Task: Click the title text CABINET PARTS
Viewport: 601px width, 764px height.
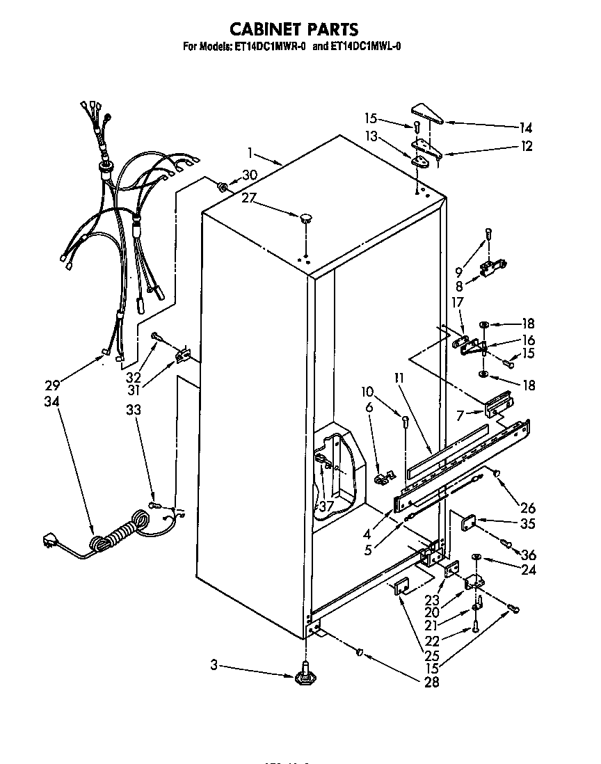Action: tap(294, 29)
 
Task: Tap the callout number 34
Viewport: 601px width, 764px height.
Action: tap(52, 401)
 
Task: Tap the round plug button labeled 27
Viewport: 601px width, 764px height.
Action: tap(305, 219)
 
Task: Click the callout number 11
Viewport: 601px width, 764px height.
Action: tap(399, 379)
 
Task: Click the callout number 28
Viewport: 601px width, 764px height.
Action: tap(431, 683)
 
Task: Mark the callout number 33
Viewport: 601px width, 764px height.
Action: tap(133, 410)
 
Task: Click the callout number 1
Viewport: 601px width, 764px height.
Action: tap(250, 152)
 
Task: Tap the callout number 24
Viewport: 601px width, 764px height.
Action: tap(529, 571)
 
